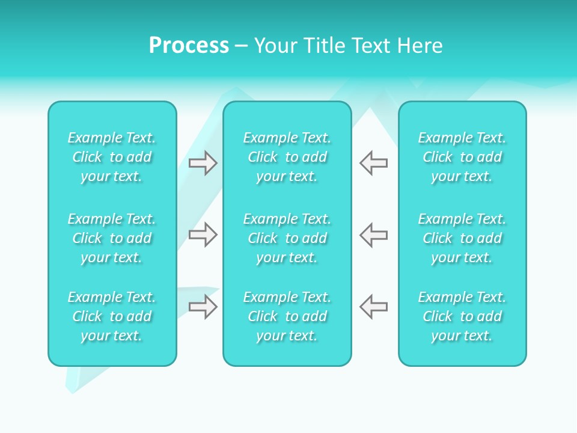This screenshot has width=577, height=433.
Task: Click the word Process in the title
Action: tap(189, 46)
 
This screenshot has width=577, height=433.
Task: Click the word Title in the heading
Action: tap(326, 46)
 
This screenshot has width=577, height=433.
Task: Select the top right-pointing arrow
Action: tap(203, 163)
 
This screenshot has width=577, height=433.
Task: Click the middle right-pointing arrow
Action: tap(203, 235)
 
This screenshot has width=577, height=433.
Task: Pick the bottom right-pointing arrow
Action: tap(203, 306)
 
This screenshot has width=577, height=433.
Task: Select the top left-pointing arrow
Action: tap(374, 163)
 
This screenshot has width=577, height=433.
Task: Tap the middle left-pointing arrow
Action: tap(374, 235)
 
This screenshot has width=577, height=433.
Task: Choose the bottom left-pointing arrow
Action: tap(374, 306)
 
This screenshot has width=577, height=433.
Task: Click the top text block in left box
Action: tap(112, 157)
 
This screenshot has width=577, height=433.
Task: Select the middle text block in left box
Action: tap(112, 238)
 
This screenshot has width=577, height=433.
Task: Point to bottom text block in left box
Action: tap(112, 316)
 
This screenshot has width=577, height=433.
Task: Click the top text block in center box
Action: tap(287, 157)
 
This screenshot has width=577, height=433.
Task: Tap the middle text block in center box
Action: tap(287, 238)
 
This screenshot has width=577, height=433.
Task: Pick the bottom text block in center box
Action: tap(287, 316)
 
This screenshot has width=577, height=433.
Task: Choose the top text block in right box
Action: tap(462, 157)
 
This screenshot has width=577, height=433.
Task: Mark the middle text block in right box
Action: tap(462, 238)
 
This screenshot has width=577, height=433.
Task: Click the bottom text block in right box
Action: tap(462, 316)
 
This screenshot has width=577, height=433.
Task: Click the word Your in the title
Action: tap(276, 46)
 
